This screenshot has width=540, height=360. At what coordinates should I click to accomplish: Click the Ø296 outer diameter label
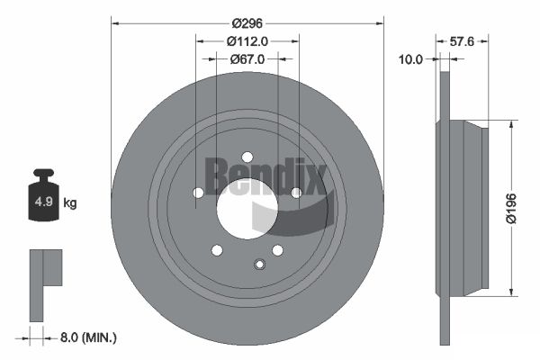tap(247, 23)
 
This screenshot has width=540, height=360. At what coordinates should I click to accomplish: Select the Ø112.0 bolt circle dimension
tap(247, 41)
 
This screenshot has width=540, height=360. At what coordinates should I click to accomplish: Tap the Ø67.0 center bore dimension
tap(247, 59)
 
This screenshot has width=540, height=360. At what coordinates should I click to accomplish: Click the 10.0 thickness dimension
tap(410, 59)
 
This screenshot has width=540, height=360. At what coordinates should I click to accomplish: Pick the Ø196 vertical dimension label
tap(511, 207)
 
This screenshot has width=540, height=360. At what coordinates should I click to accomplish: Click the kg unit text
tap(70, 202)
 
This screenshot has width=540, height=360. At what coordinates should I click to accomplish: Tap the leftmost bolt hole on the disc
tap(198, 193)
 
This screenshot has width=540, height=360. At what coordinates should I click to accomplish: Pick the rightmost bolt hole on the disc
tap(296, 192)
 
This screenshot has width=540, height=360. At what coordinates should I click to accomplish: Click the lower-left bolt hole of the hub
tap(216, 250)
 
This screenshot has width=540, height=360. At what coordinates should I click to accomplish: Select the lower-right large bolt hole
tap(277, 249)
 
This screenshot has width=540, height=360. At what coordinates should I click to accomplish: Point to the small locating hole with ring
tap(259, 264)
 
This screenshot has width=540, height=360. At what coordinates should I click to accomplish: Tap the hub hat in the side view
tap(467, 207)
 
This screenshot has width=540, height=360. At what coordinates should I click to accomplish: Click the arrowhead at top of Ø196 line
tap(511, 123)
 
